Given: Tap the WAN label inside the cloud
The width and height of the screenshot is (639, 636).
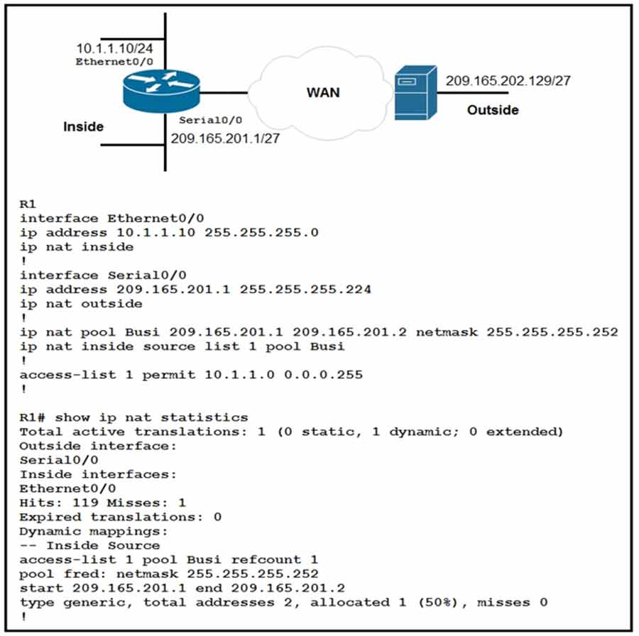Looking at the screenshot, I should pos(323,92).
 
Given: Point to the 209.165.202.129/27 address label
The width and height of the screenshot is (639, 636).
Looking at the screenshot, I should pos(508,80).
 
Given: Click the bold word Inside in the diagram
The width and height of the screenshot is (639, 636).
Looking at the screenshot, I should pos(84,127).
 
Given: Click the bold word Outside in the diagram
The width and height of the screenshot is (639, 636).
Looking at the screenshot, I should pos(492,110).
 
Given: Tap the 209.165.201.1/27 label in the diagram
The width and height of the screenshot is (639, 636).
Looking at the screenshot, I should pos(224,138).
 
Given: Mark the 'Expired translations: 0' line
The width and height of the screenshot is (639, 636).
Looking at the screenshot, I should pos(120,517).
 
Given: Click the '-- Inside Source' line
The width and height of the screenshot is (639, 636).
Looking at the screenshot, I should pos(89,545).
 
